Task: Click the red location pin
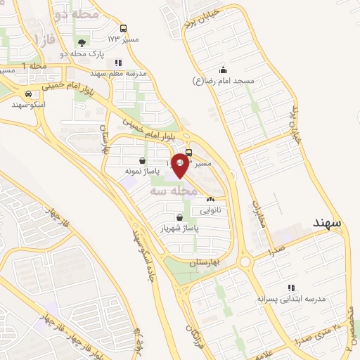(180, 165)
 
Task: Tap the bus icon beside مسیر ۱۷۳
(124, 29)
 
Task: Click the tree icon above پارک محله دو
(84, 41)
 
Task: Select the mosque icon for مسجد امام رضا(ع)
(223, 70)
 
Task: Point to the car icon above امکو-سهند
(28, 94)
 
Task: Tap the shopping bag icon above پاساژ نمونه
(143, 160)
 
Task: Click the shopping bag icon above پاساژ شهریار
(181, 217)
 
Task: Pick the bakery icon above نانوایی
(210, 200)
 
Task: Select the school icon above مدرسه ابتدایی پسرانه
(291, 288)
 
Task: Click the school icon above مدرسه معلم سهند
(117, 63)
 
